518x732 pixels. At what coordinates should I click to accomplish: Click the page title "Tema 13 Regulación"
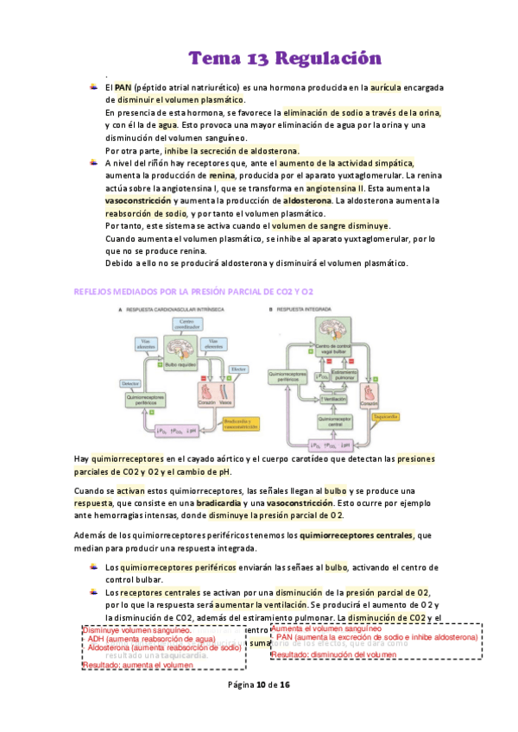pos(285,58)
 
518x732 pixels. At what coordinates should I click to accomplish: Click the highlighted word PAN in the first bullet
pos(122,87)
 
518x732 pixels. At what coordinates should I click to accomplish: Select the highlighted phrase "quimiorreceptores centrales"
pos(357,536)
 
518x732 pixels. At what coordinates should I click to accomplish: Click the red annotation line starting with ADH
pos(151,639)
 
